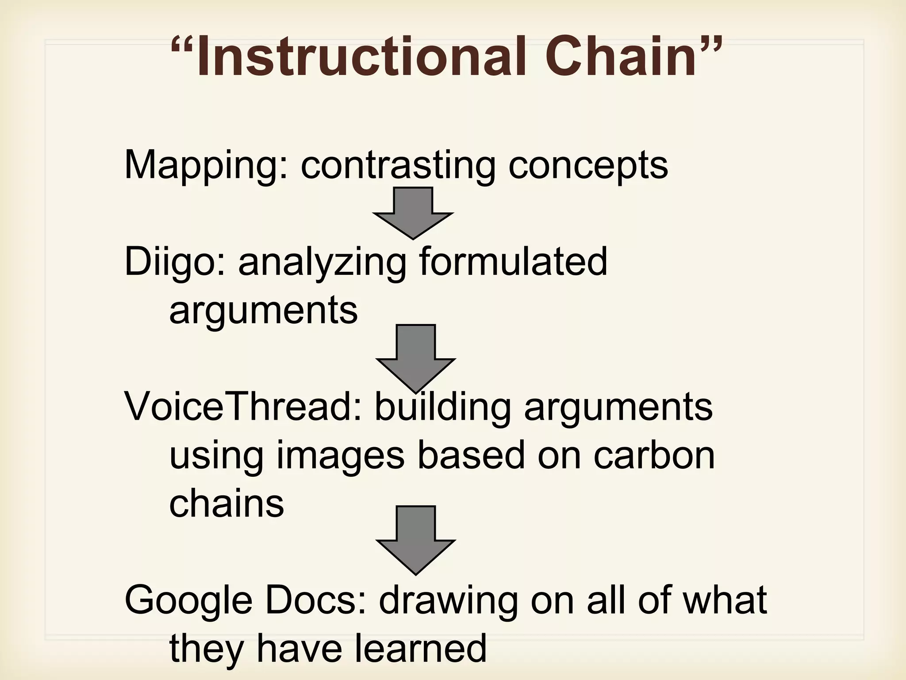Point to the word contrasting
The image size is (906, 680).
(x=398, y=166)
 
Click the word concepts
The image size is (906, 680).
(x=588, y=166)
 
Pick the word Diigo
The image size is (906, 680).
(x=175, y=263)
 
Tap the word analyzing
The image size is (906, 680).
(x=322, y=263)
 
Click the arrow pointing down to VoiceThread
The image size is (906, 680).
(x=415, y=359)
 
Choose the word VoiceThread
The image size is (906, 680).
(x=243, y=406)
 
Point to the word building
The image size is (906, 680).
(x=443, y=406)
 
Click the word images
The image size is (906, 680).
(x=341, y=456)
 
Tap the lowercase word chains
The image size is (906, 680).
(x=226, y=503)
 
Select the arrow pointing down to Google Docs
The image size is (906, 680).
(x=415, y=540)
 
